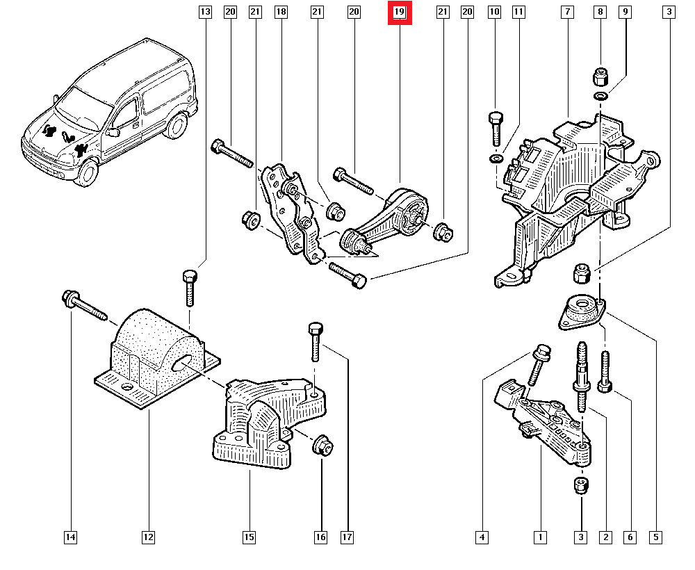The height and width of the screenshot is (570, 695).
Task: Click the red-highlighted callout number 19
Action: [400, 13]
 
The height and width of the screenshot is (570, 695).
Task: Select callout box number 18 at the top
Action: [281, 13]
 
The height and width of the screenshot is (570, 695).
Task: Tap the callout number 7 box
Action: [568, 13]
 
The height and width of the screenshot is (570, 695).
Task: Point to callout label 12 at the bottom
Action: [148, 537]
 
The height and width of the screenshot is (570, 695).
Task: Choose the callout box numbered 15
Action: [249, 537]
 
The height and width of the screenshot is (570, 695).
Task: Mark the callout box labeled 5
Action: [655, 537]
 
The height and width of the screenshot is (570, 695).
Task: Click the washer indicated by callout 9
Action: [600, 95]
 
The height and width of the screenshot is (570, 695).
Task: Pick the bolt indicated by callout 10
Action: [495, 129]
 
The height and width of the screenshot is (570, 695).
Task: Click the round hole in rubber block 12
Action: [183, 362]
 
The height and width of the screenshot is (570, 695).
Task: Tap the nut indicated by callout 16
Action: [322, 445]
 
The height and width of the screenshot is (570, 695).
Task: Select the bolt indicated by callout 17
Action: [313, 341]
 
